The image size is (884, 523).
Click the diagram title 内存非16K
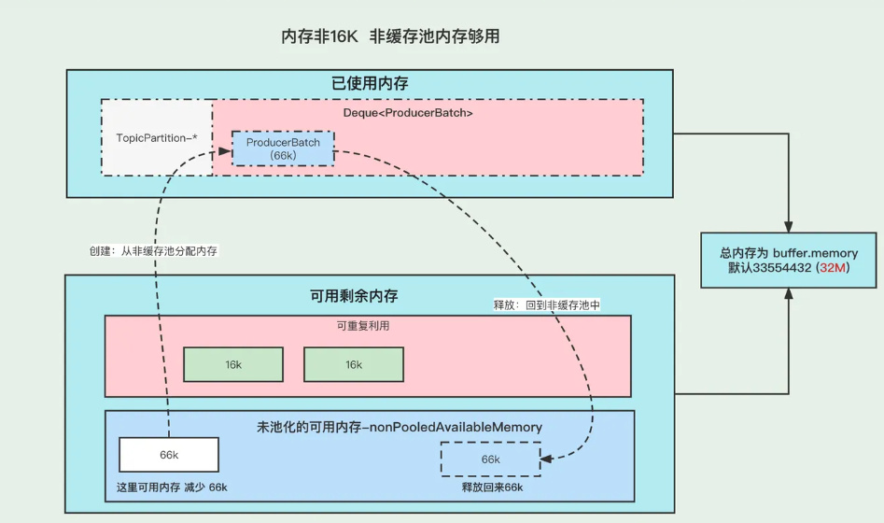[321, 36]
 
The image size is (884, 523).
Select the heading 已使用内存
[370, 83]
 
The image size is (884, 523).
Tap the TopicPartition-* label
[156, 138]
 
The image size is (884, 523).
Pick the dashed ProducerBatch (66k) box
[283, 148]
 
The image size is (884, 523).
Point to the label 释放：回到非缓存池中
[546, 304]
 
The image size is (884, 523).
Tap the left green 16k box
[232, 364]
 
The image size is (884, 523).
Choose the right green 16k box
[354, 364]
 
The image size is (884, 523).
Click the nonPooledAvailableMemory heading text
[399, 427]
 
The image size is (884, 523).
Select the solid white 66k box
[169, 455]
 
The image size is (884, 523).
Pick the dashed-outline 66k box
[490, 459]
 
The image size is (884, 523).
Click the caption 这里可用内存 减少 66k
[170, 488]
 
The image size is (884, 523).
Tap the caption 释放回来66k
[492, 488]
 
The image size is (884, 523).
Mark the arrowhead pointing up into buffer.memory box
[790, 293]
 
